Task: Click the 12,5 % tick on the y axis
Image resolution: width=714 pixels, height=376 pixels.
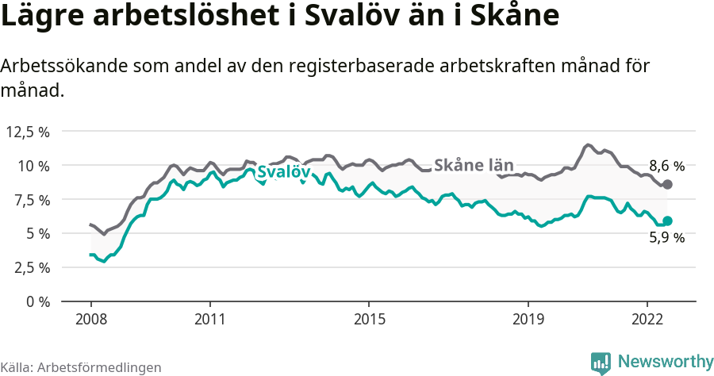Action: pos(28,132)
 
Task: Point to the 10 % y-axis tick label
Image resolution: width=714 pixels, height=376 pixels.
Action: pos(33,166)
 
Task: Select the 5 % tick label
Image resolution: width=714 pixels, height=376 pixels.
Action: pos(37,233)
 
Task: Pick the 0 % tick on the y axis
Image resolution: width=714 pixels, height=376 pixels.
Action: pos(37,301)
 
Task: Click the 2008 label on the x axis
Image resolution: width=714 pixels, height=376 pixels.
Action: pos(91,319)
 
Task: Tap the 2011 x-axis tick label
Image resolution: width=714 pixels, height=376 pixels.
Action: pos(210,319)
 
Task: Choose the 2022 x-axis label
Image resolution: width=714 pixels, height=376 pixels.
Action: pos(647,319)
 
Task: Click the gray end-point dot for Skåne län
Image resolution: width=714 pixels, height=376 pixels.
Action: pos(667,184)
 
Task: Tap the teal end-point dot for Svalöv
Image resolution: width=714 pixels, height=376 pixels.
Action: pos(667,221)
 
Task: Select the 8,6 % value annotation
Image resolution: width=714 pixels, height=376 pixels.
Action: pos(666,167)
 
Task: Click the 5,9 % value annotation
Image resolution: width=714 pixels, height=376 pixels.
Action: pos(666,237)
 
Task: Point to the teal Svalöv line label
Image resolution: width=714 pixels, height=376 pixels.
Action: pos(283,172)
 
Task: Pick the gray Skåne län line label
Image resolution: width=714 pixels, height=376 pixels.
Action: pos(474,165)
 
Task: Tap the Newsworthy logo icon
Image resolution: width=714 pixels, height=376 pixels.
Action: pos(601,363)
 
